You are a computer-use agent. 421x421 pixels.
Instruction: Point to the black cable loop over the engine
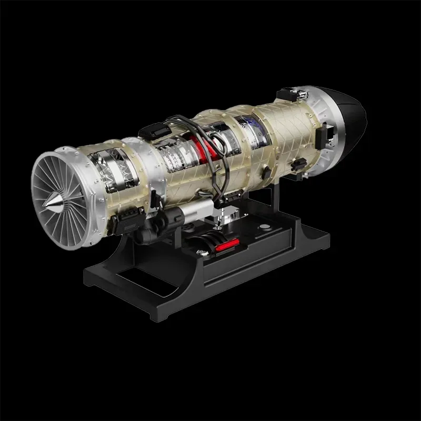click(221, 153)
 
